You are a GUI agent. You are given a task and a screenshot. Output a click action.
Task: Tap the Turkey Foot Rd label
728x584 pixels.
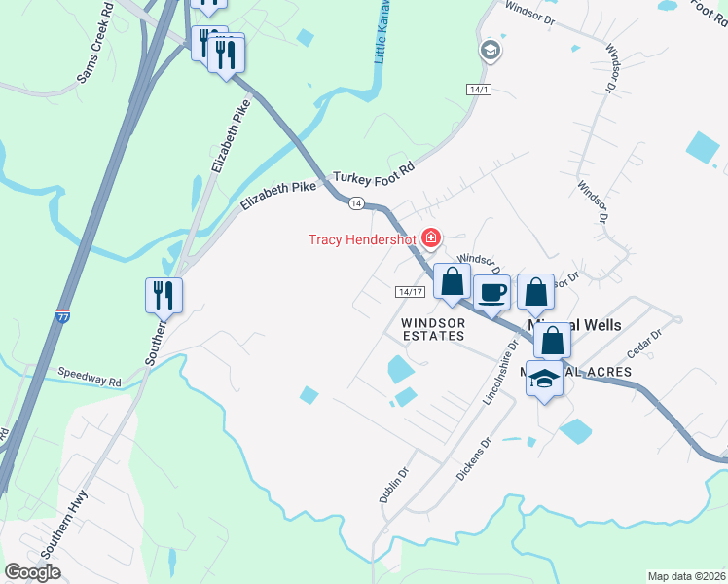tap(374, 174)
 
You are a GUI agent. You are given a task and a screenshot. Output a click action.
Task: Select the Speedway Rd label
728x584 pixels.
tap(89, 373)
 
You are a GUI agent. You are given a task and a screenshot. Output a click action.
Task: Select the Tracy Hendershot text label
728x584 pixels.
tap(361, 239)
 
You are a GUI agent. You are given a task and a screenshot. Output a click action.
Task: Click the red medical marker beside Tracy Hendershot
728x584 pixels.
tap(430, 237)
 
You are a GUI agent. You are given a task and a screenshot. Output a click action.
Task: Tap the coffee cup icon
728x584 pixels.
tap(491, 291)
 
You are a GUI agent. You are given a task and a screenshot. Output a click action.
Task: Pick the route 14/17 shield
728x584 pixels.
tap(411, 292)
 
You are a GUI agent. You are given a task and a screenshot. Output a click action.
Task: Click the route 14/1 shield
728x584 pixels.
tap(477, 90)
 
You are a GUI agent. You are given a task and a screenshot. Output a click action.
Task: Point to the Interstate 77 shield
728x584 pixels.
tap(61, 315)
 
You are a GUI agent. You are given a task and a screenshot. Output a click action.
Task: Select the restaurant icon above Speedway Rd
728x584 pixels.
tap(164, 294)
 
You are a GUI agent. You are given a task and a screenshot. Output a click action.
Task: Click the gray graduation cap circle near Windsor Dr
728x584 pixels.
tap(490, 50)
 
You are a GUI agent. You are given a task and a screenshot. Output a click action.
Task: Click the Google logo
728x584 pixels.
tap(33, 572)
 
